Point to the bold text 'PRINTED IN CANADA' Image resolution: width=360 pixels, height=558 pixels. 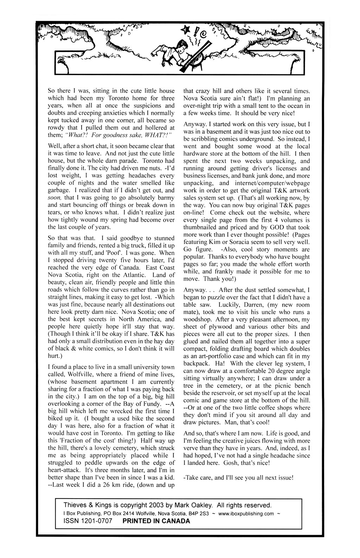(x=156, y=521)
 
